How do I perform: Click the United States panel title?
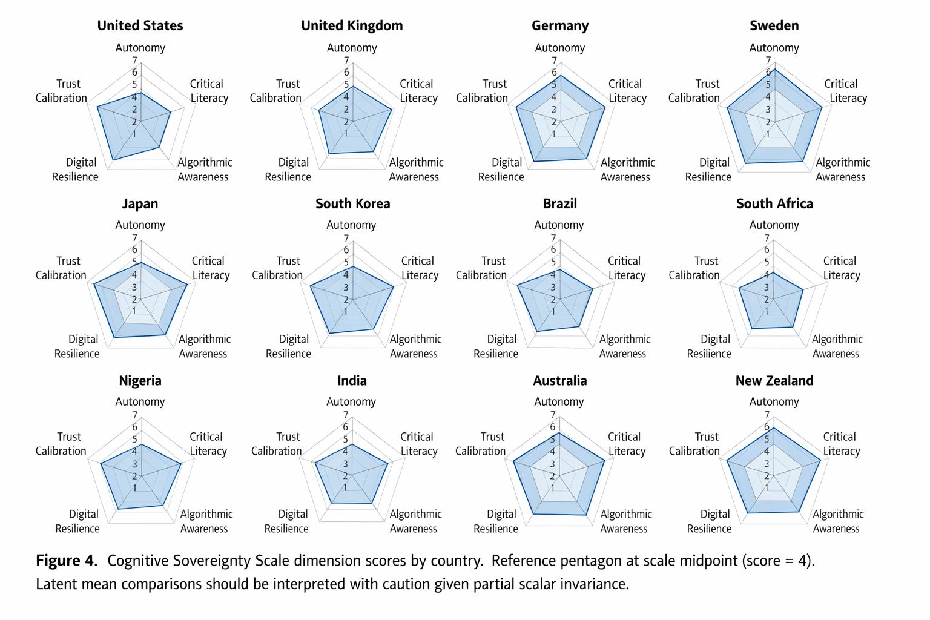[x=140, y=25]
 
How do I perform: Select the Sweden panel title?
[x=774, y=25]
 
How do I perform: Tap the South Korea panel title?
[x=352, y=203]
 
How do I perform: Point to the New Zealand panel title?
[x=774, y=381]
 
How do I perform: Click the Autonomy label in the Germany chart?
[x=559, y=48]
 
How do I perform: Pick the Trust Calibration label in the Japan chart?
[x=61, y=268]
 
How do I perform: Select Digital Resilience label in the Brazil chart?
[x=495, y=346]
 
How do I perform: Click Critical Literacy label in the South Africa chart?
[x=840, y=268]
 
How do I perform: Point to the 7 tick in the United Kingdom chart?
[x=346, y=61]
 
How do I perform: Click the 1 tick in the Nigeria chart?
[x=134, y=488]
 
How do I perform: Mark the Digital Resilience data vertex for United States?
[x=113, y=160]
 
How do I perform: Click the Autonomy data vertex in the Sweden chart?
[x=774, y=69]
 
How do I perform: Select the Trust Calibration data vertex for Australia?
[x=513, y=461]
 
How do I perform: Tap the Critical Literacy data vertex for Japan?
[x=187, y=284]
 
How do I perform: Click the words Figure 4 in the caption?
[x=67, y=560]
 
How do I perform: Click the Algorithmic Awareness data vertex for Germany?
[x=587, y=159]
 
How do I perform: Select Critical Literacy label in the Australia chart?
[x=624, y=444]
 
